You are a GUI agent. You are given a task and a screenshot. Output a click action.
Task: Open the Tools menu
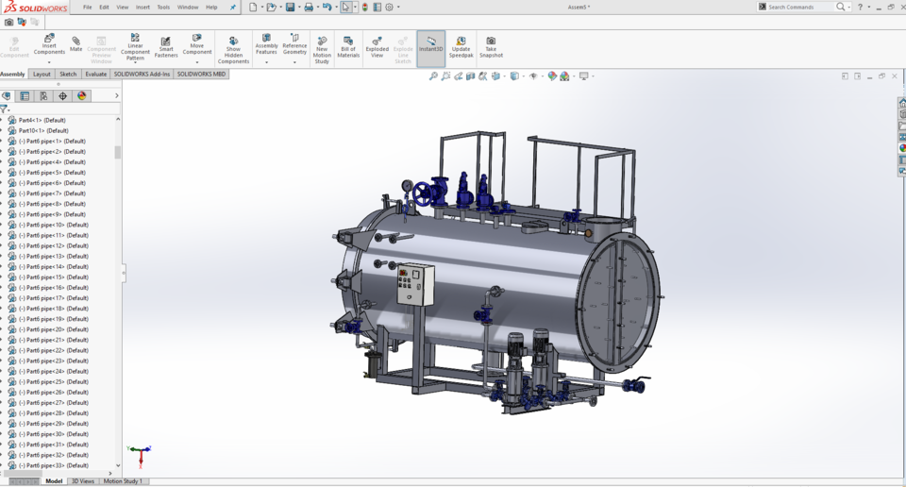coord(163,7)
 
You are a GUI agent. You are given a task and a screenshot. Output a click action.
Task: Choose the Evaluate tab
coord(96,74)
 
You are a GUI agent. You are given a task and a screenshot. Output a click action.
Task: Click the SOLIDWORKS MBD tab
coord(201,74)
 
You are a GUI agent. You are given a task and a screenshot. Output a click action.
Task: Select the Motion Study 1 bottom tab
coord(123,481)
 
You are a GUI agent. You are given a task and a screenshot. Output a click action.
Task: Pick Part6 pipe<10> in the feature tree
coord(53,225)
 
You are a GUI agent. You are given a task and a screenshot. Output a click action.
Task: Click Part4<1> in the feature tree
coord(42,120)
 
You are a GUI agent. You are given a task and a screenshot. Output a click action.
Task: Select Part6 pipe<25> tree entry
coord(53,381)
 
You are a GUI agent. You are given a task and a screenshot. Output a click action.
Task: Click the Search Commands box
coord(800,7)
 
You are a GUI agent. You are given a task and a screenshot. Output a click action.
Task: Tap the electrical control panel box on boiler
coord(414,284)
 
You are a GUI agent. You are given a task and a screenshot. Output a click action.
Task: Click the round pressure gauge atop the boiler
coord(407,187)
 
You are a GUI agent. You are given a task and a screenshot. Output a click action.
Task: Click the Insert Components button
coord(49,44)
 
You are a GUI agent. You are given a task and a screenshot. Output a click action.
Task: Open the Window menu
coord(188,7)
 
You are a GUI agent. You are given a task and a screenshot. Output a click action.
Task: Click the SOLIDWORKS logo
coord(35,7)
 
